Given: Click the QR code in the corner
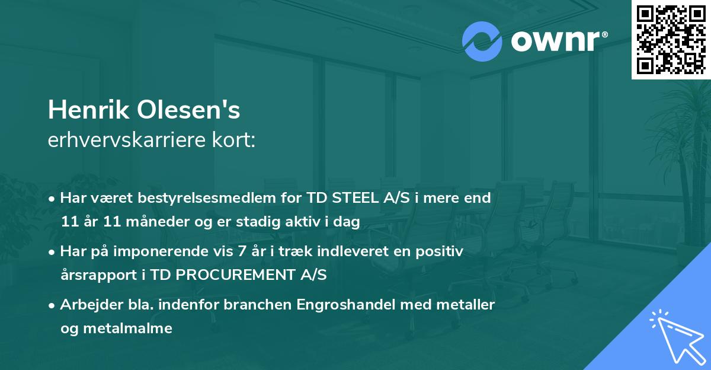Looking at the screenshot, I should point(671,39).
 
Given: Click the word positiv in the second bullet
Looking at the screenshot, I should point(442,251).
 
